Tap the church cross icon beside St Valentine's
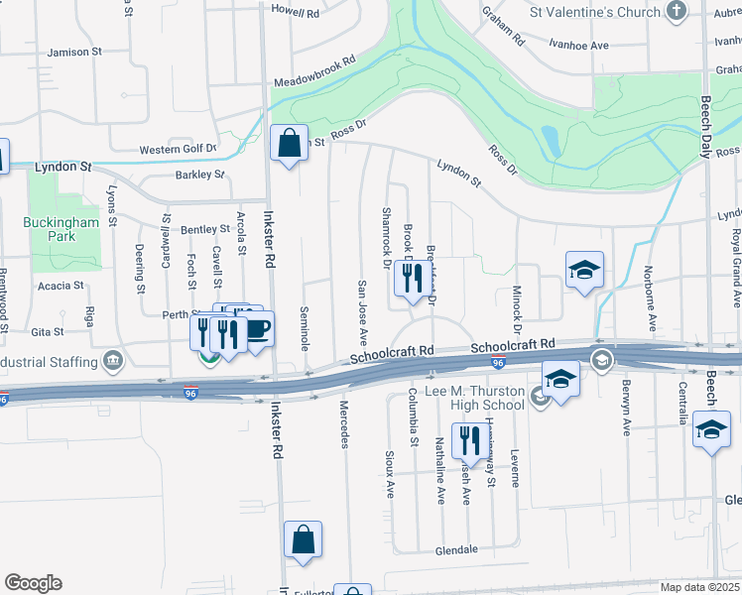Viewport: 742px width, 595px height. coord(677,12)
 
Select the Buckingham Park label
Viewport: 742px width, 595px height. coord(62,231)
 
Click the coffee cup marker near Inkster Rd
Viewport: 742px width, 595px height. coord(257,329)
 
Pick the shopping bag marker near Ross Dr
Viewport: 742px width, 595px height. coord(289,145)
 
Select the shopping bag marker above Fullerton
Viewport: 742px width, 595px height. coord(304,540)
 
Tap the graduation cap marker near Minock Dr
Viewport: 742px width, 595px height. coord(585,269)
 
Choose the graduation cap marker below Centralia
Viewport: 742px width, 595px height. coord(712,431)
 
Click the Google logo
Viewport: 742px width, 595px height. coord(33,583)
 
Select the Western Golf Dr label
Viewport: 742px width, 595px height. coord(178,149)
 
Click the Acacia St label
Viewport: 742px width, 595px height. coord(62,286)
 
